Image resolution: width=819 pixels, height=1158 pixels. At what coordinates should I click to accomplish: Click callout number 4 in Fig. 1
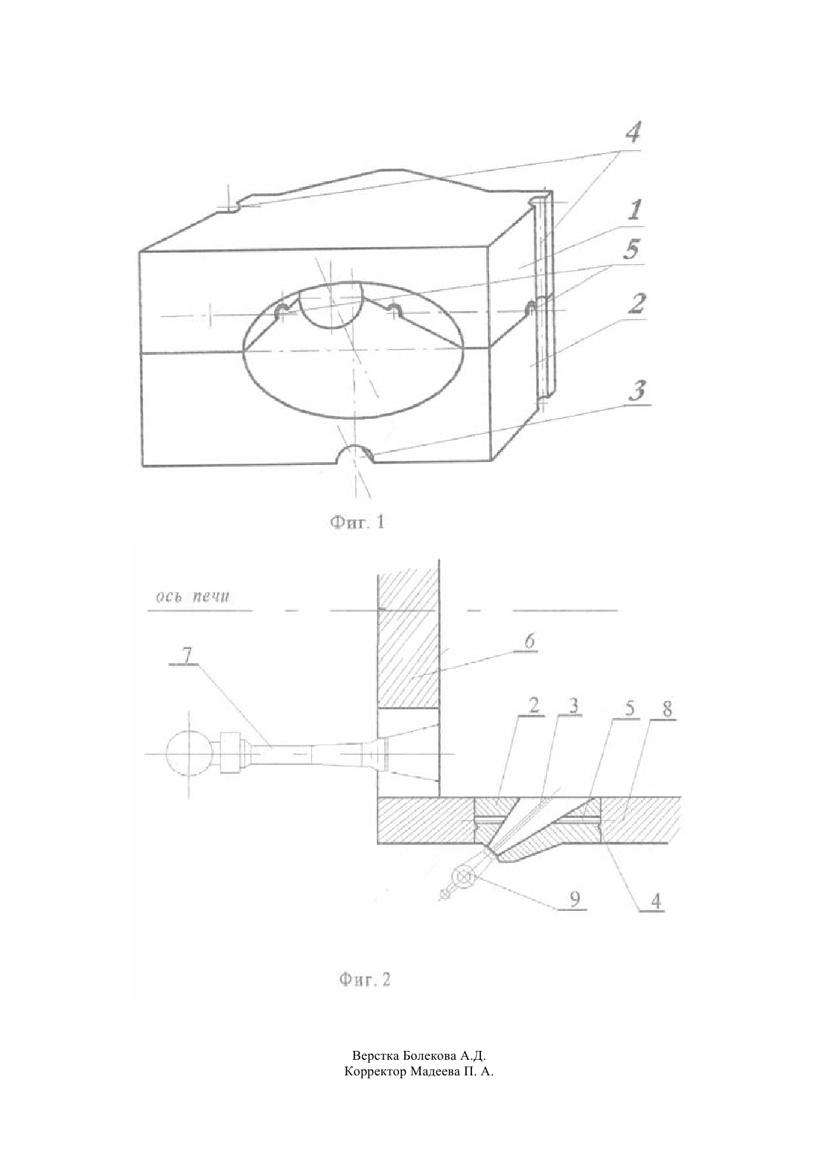pyautogui.click(x=633, y=132)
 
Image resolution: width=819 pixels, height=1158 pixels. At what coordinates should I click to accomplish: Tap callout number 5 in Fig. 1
pyautogui.click(x=631, y=249)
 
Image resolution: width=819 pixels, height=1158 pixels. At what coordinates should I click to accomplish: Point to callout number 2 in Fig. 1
pyautogui.click(x=637, y=303)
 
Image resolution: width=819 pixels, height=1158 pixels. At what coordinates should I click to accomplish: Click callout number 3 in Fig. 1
pyautogui.click(x=637, y=390)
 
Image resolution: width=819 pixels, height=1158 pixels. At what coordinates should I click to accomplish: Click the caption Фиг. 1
pyautogui.click(x=358, y=522)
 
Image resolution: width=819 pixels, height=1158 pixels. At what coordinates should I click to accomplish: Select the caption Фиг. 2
pyautogui.click(x=365, y=979)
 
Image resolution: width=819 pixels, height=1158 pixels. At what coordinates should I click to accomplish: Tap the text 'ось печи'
pyautogui.click(x=193, y=597)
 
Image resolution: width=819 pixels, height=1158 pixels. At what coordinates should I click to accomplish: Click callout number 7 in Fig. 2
pyautogui.click(x=187, y=655)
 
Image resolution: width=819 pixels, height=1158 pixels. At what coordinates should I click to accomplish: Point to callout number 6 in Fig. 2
pyautogui.click(x=529, y=642)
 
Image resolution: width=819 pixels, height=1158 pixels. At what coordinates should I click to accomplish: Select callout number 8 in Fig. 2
pyautogui.click(x=668, y=709)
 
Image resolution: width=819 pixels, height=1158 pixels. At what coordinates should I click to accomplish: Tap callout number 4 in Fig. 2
pyautogui.click(x=656, y=901)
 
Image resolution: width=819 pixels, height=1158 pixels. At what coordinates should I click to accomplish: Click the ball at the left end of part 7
pyautogui.click(x=188, y=754)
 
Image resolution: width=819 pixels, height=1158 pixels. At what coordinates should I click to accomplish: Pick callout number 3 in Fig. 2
pyautogui.click(x=573, y=706)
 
